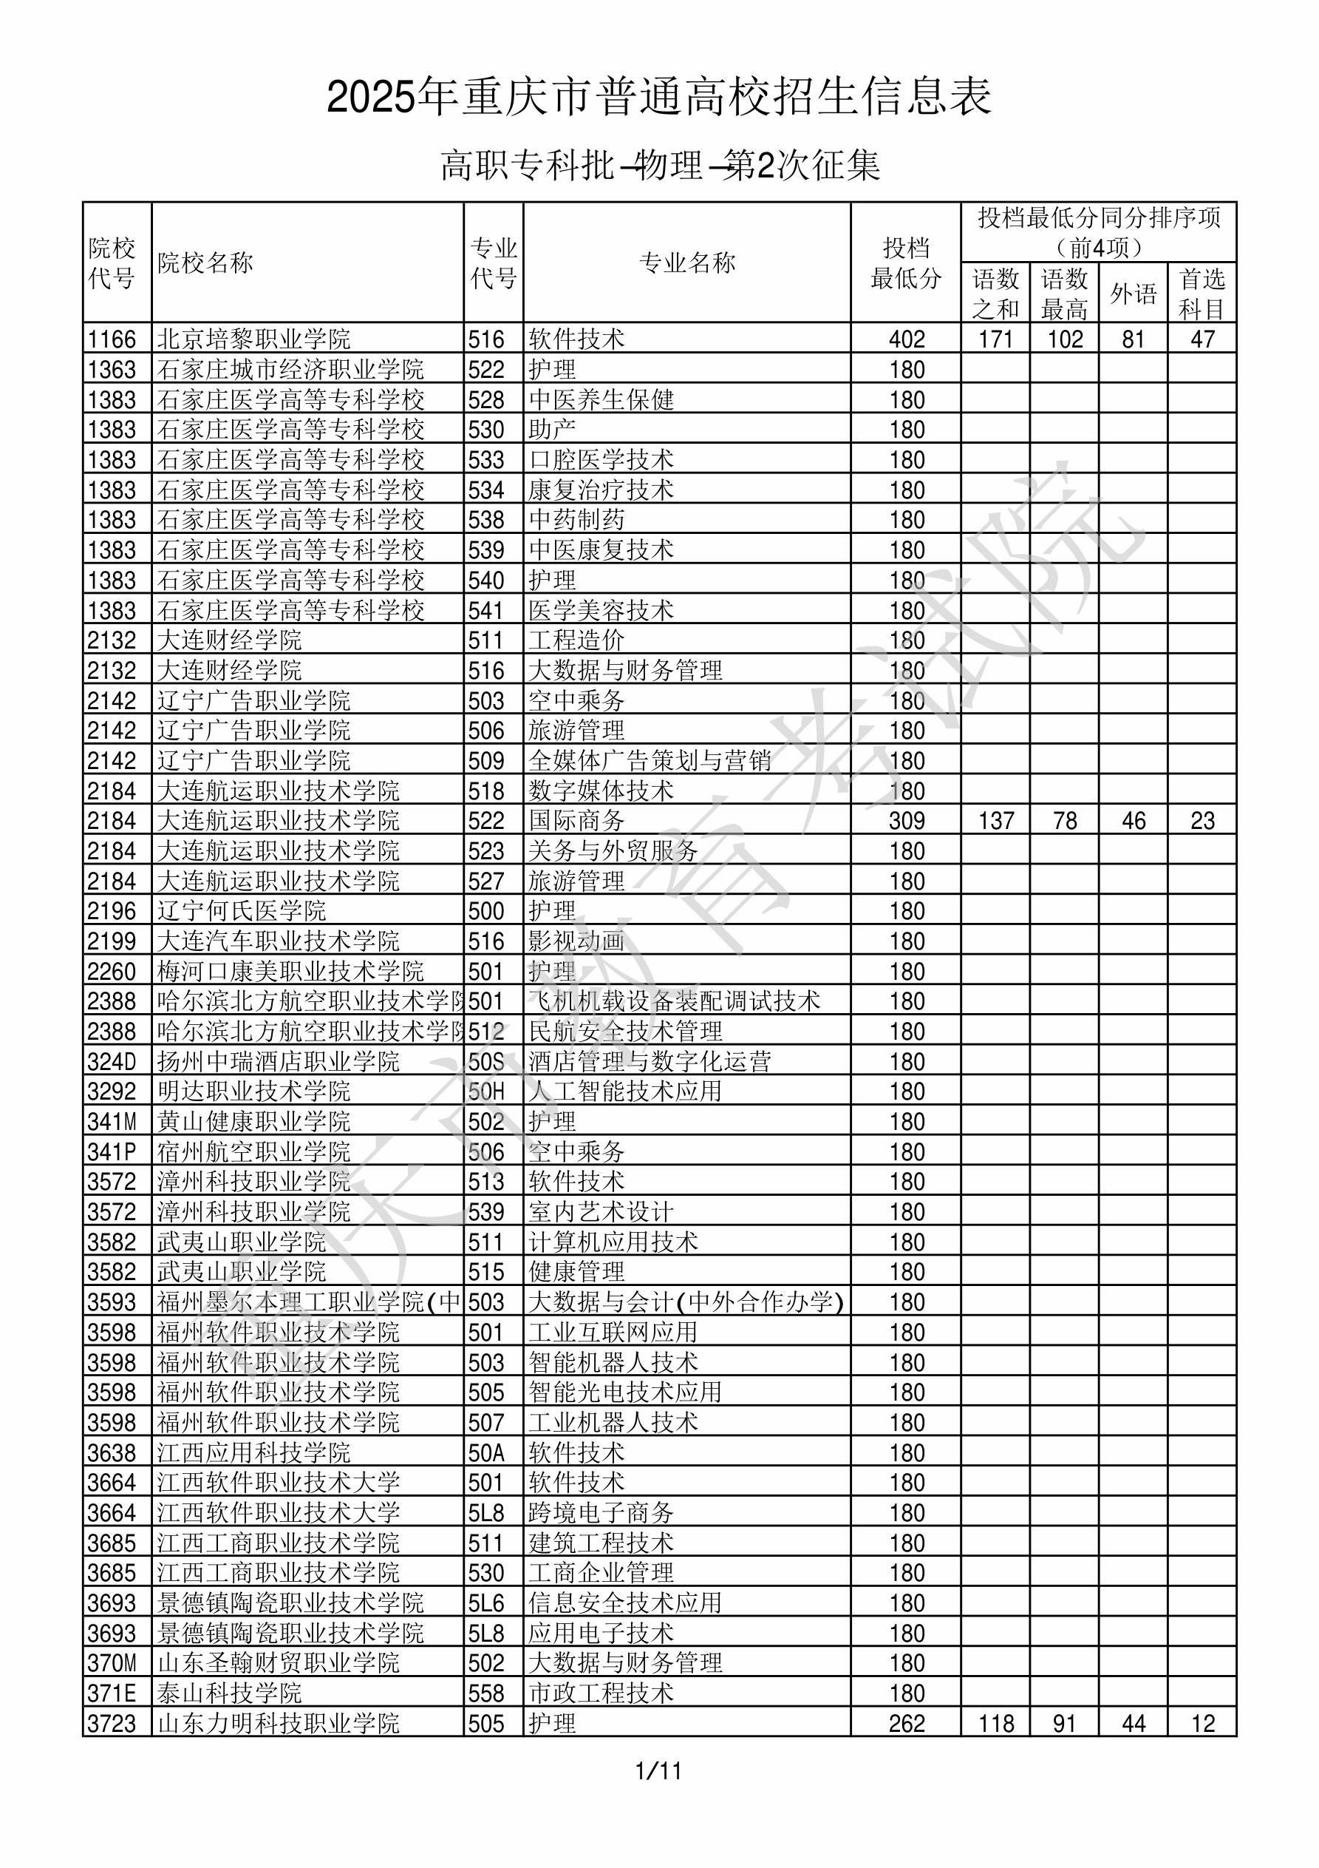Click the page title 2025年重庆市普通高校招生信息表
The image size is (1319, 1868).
[658, 97]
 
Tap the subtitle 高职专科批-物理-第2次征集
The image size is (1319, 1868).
[659, 166]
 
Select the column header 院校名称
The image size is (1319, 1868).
[205, 263]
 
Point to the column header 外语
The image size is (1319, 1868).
[1133, 294]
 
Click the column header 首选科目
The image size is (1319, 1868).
[1202, 294]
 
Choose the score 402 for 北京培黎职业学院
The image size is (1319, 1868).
[906, 339]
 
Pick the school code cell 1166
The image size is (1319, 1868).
[112, 339]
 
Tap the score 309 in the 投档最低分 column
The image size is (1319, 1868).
[906, 821]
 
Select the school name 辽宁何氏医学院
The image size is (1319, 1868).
[242, 911]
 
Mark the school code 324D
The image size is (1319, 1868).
[112, 1062]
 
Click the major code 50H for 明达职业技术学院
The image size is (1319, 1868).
[486, 1092]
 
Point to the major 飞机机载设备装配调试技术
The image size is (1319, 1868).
[674, 1001]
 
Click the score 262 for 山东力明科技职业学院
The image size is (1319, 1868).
[906, 1724]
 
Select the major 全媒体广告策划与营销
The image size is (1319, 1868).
[650, 761]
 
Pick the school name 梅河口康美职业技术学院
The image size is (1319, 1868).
[290, 972]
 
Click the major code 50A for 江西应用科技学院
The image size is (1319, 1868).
[486, 1453]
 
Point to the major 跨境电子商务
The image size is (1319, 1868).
[601, 1513]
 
